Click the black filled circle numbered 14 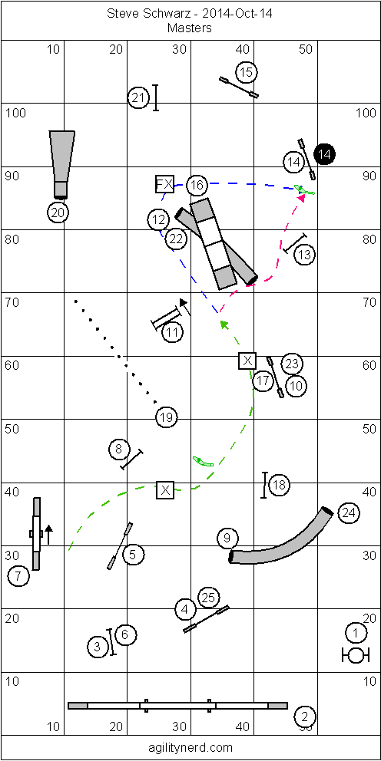(x=325, y=155)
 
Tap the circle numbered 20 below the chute (x=58, y=211)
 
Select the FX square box (x=164, y=184)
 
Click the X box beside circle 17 (x=248, y=361)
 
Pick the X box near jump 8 (x=165, y=489)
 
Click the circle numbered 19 (x=167, y=417)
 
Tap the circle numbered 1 (x=356, y=633)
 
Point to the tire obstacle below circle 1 (x=353, y=655)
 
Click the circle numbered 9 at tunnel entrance (x=227, y=538)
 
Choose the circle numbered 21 (x=138, y=98)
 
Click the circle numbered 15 (x=247, y=73)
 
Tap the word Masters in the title (x=190, y=28)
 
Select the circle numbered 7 (x=18, y=577)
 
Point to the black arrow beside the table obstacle (x=48, y=535)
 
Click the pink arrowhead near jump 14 (x=301, y=197)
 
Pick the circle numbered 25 (x=208, y=598)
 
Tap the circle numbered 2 (x=305, y=716)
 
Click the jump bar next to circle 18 (x=265, y=485)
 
